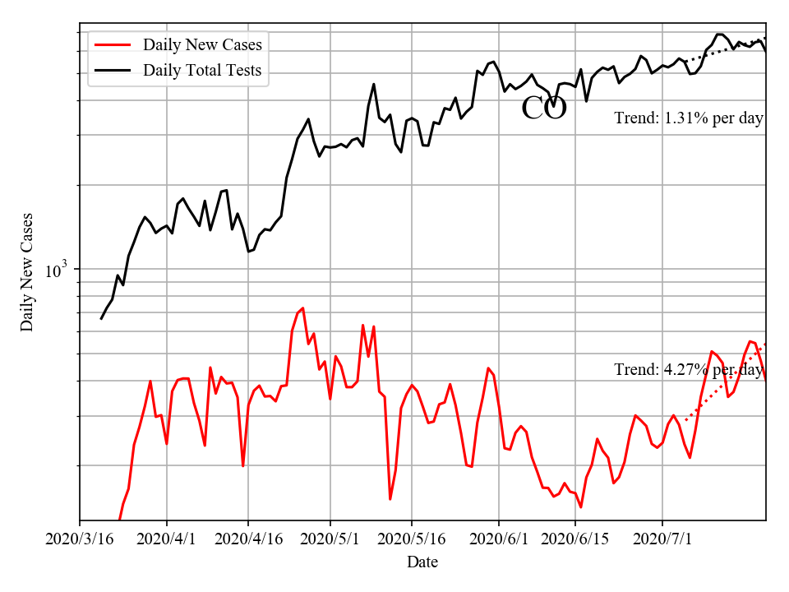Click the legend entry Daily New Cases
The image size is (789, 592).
[x=202, y=44]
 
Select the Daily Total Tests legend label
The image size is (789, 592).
[x=202, y=70]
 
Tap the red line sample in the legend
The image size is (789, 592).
[x=113, y=44]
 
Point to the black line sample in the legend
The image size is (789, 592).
[x=113, y=70]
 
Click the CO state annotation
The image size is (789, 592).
[x=544, y=109]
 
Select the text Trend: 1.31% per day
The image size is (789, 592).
[x=689, y=118]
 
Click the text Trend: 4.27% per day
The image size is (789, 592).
[x=689, y=370]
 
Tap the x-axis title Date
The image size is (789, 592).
[x=422, y=562]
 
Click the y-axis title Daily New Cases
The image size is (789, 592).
[x=27, y=272]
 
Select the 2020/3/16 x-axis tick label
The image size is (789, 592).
[x=80, y=539]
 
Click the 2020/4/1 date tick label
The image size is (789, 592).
[x=167, y=539]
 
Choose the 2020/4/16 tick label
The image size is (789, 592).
[x=248, y=539]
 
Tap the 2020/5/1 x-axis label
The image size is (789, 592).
[x=330, y=539]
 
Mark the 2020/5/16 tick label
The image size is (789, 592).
[x=411, y=539]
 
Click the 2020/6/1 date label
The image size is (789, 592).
[x=498, y=539]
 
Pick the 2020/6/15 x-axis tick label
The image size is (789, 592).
[x=574, y=539]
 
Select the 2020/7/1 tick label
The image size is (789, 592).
[x=662, y=539]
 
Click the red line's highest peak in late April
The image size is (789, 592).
[x=302, y=308]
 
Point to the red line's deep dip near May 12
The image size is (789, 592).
[x=390, y=498]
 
